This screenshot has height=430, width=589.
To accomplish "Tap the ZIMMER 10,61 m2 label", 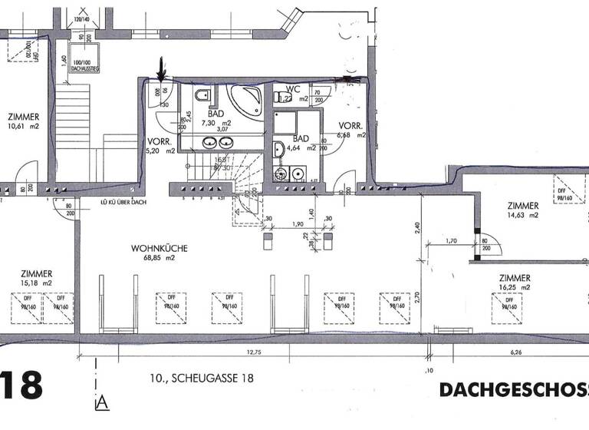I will (x=25, y=121).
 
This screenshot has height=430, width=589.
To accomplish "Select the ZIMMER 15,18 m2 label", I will (x=37, y=278).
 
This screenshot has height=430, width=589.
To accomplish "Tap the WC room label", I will (x=292, y=93).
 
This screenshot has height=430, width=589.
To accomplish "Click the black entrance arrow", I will (x=161, y=69).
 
